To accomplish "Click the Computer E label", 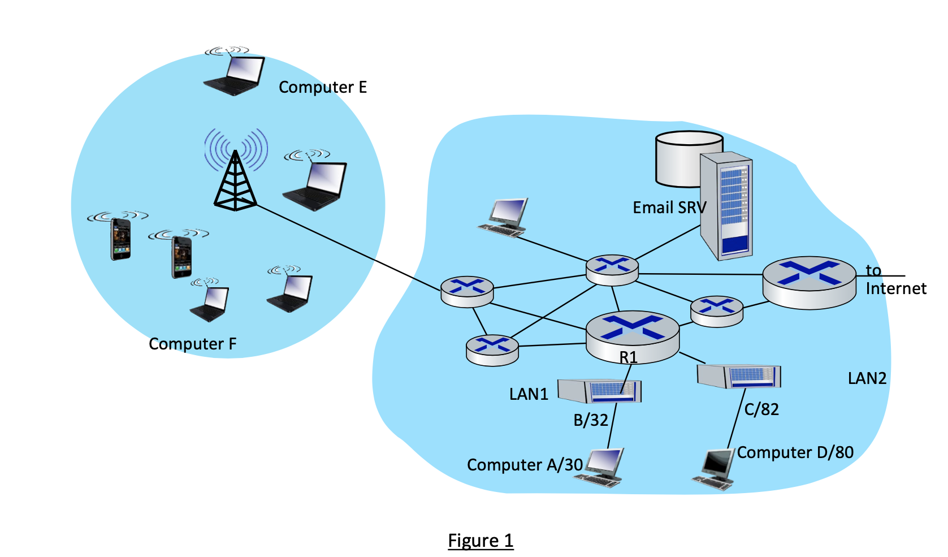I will pyautogui.click(x=323, y=87).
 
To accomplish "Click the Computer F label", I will pyautogui.click(x=192, y=344).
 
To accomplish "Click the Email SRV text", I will pyautogui.click(x=669, y=208).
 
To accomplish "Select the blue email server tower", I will pyautogui.click(x=726, y=206).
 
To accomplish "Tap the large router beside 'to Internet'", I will pyautogui.click(x=809, y=283).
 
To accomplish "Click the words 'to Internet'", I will pyautogui.click(x=895, y=280).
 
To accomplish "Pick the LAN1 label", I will pyautogui.click(x=529, y=394).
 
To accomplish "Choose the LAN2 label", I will pyautogui.click(x=867, y=378).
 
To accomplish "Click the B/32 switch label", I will pyautogui.click(x=591, y=420).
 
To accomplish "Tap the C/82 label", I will pyautogui.click(x=761, y=409).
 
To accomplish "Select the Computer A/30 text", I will pyautogui.click(x=524, y=465).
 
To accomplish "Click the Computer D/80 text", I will pyautogui.click(x=795, y=452).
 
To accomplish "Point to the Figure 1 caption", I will pyautogui.click(x=481, y=541).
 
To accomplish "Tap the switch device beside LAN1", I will pyautogui.click(x=600, y=390).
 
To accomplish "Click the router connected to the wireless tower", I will pyautogui.click(x=467, y=291).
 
